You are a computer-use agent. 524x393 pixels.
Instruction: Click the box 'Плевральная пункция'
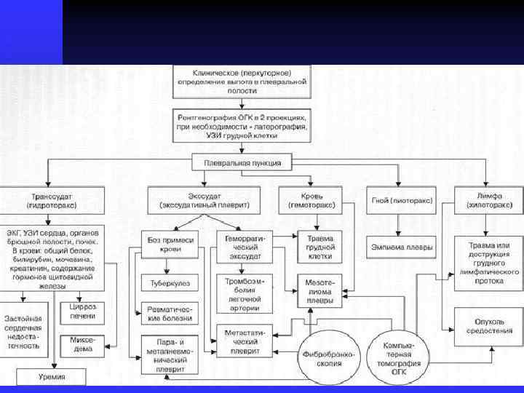(x=242, y=162)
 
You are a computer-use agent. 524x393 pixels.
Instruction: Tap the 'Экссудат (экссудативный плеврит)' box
(x=203, y=200)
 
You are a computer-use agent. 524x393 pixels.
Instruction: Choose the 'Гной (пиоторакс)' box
(x=401, y=200)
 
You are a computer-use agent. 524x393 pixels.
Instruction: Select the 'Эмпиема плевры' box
(x=401, y=247)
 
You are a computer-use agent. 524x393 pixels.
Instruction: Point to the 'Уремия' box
(x=52, y=377)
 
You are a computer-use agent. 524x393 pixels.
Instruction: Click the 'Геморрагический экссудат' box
(x=243, y=247)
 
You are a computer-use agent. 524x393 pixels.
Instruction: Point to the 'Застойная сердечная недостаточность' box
(x=23, y=328)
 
